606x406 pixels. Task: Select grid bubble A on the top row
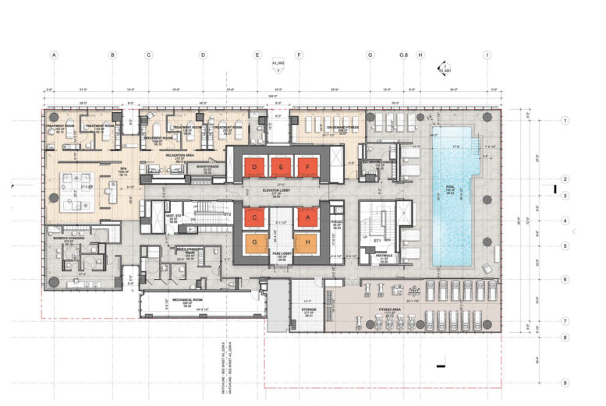(54, 55)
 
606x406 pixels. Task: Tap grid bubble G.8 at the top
(404, 55)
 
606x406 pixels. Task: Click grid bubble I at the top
(487, 55)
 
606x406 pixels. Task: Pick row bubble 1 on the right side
(565, 121)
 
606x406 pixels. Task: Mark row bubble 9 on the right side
(565, 383)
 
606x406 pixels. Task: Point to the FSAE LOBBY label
(280, 254)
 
